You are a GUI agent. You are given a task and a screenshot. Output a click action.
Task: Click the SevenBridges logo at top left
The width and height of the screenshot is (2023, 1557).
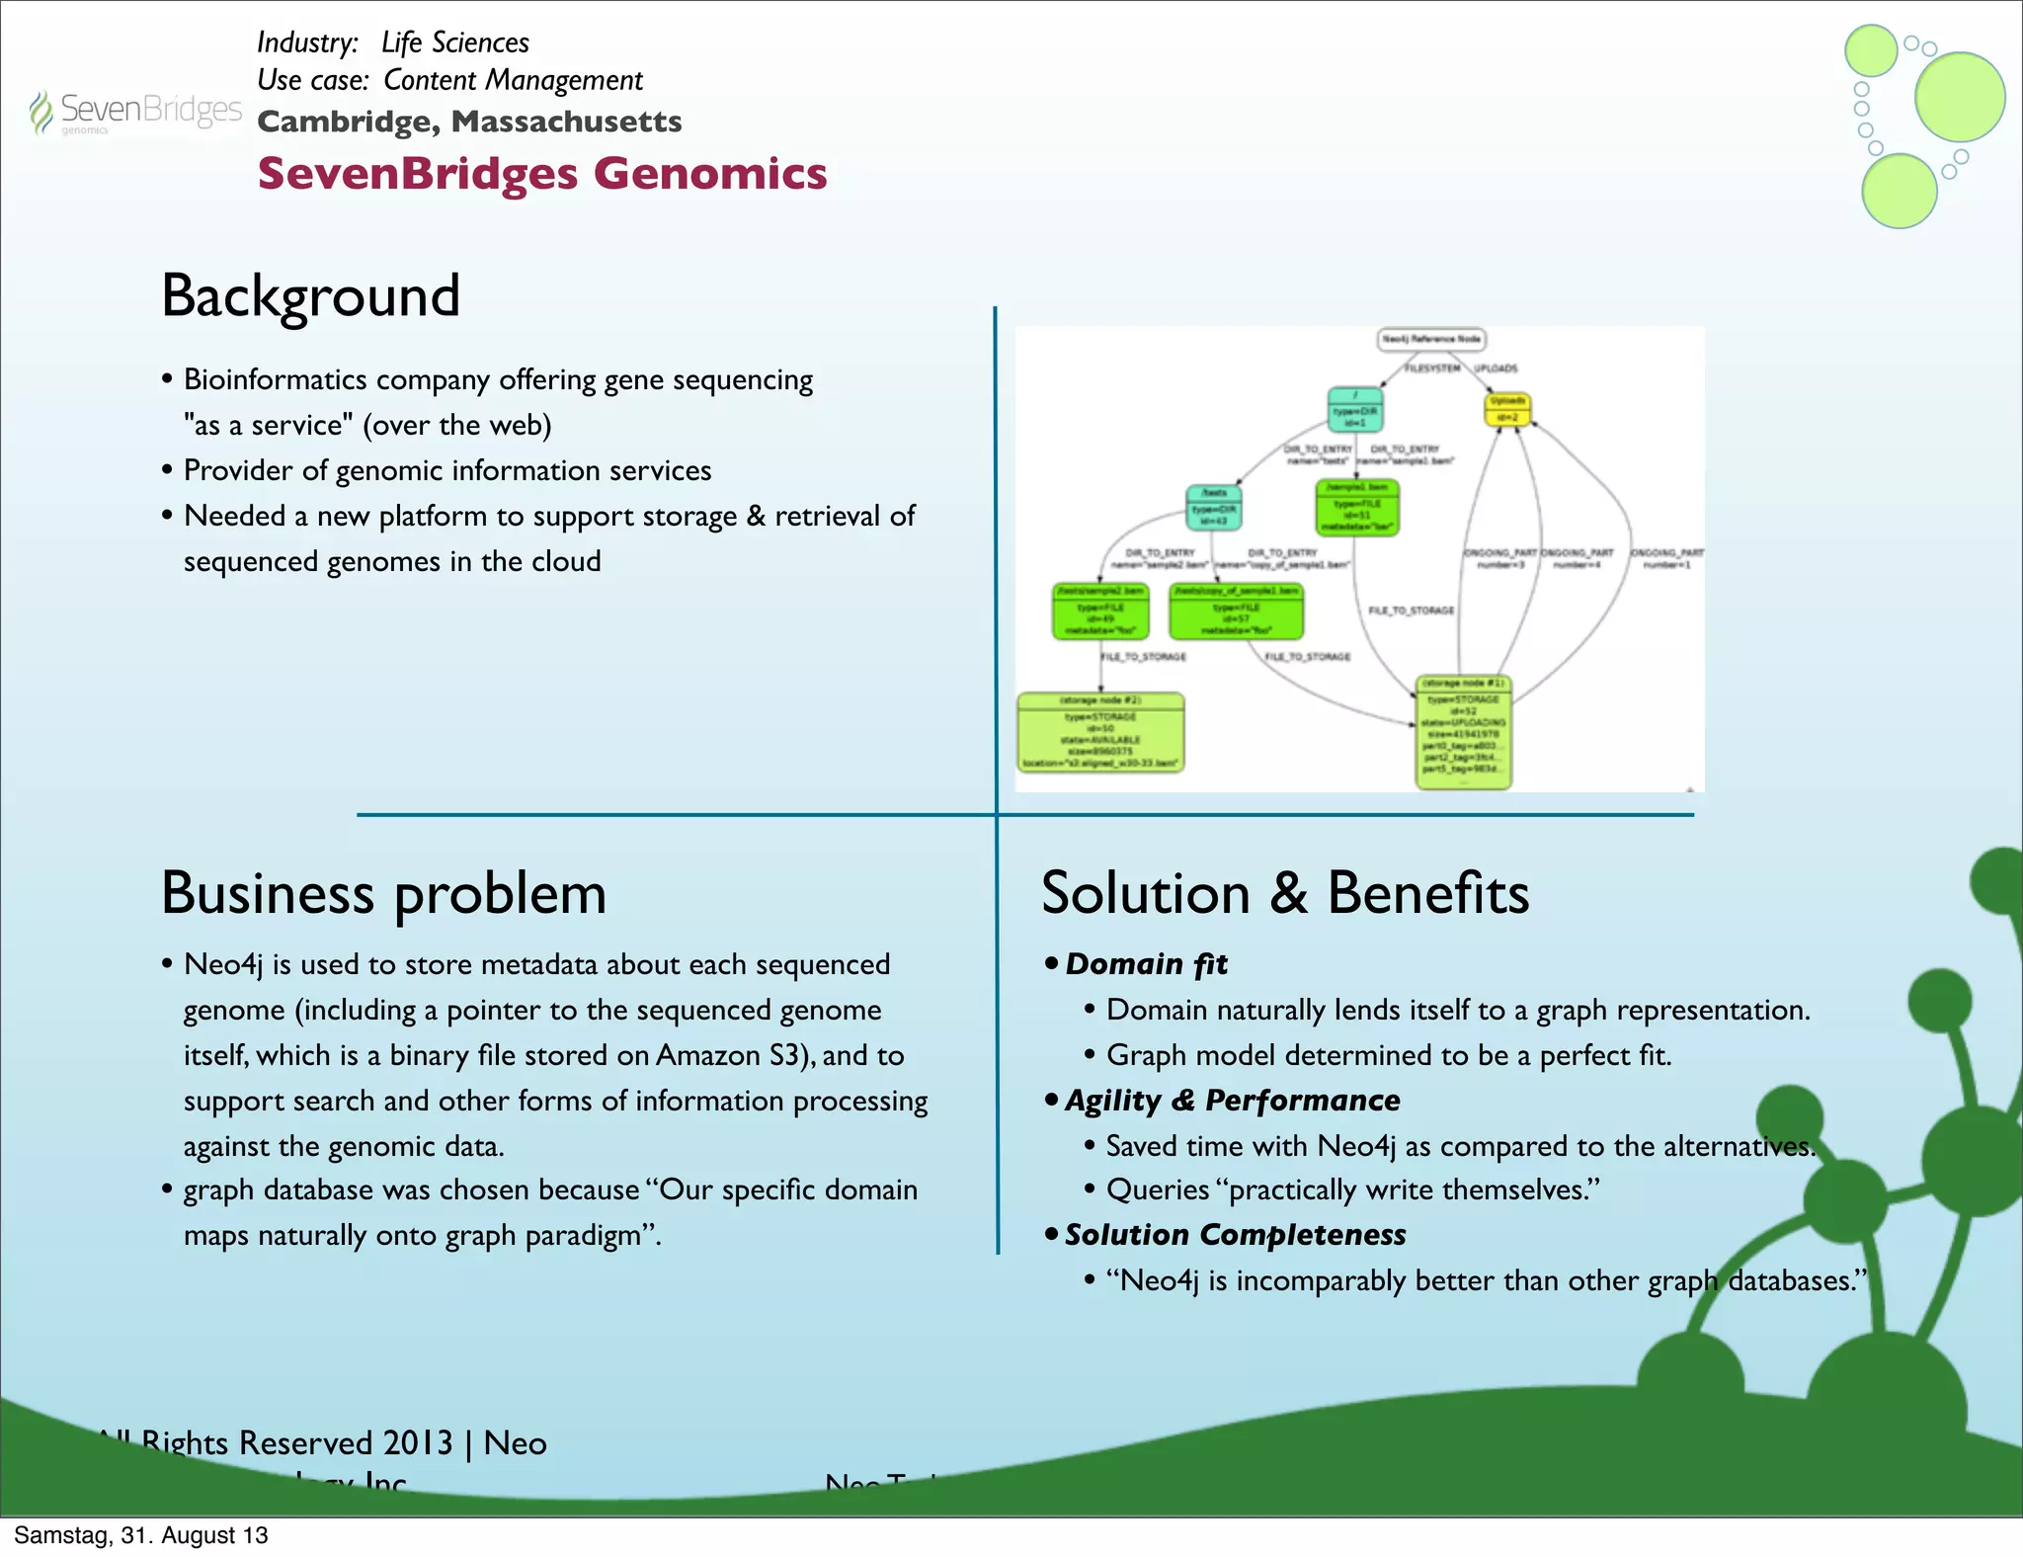pos(135,112)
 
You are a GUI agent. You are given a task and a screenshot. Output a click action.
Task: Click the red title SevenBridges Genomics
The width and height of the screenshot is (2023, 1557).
pos(541,174)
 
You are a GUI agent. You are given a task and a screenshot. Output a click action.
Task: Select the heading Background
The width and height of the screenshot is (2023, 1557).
pos(310,295)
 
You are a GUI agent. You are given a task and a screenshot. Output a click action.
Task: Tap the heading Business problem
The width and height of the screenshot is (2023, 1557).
pos(383,894)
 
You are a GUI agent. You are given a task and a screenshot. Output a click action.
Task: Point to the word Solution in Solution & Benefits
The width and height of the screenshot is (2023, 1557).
pos(1146,894)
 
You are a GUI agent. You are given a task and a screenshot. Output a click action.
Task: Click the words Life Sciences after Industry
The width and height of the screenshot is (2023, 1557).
pos(455,42)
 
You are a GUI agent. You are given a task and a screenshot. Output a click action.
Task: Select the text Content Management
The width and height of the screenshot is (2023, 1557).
pos(513,80)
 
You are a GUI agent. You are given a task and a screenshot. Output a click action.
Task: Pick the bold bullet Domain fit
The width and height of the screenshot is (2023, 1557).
pos(1146,964)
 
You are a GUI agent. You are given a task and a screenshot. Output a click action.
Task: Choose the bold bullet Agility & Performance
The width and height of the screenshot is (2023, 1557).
pos(1232,1101)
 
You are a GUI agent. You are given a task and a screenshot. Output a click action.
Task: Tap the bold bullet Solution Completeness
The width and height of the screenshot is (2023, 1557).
pos(1235,1235)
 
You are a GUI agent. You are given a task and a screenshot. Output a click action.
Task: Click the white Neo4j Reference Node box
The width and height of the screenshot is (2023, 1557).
pos(1430,340)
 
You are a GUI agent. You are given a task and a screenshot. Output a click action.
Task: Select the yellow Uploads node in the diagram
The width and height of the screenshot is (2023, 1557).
pos(1507,408)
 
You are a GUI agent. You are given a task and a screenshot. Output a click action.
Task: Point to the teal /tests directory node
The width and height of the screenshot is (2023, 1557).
pos(1213,507)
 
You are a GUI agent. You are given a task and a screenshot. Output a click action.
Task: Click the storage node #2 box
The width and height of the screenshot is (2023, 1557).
pos(1100,732)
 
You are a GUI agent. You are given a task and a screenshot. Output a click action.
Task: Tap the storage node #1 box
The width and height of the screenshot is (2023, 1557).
pos(1463,732)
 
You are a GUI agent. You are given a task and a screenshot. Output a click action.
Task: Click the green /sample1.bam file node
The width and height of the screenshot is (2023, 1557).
pos(1357,507)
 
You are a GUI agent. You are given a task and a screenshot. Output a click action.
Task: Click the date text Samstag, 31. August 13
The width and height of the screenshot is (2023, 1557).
pos(141,1535)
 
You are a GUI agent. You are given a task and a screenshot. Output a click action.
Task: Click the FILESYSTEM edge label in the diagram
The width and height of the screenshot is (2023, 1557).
pos(1432,369)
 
